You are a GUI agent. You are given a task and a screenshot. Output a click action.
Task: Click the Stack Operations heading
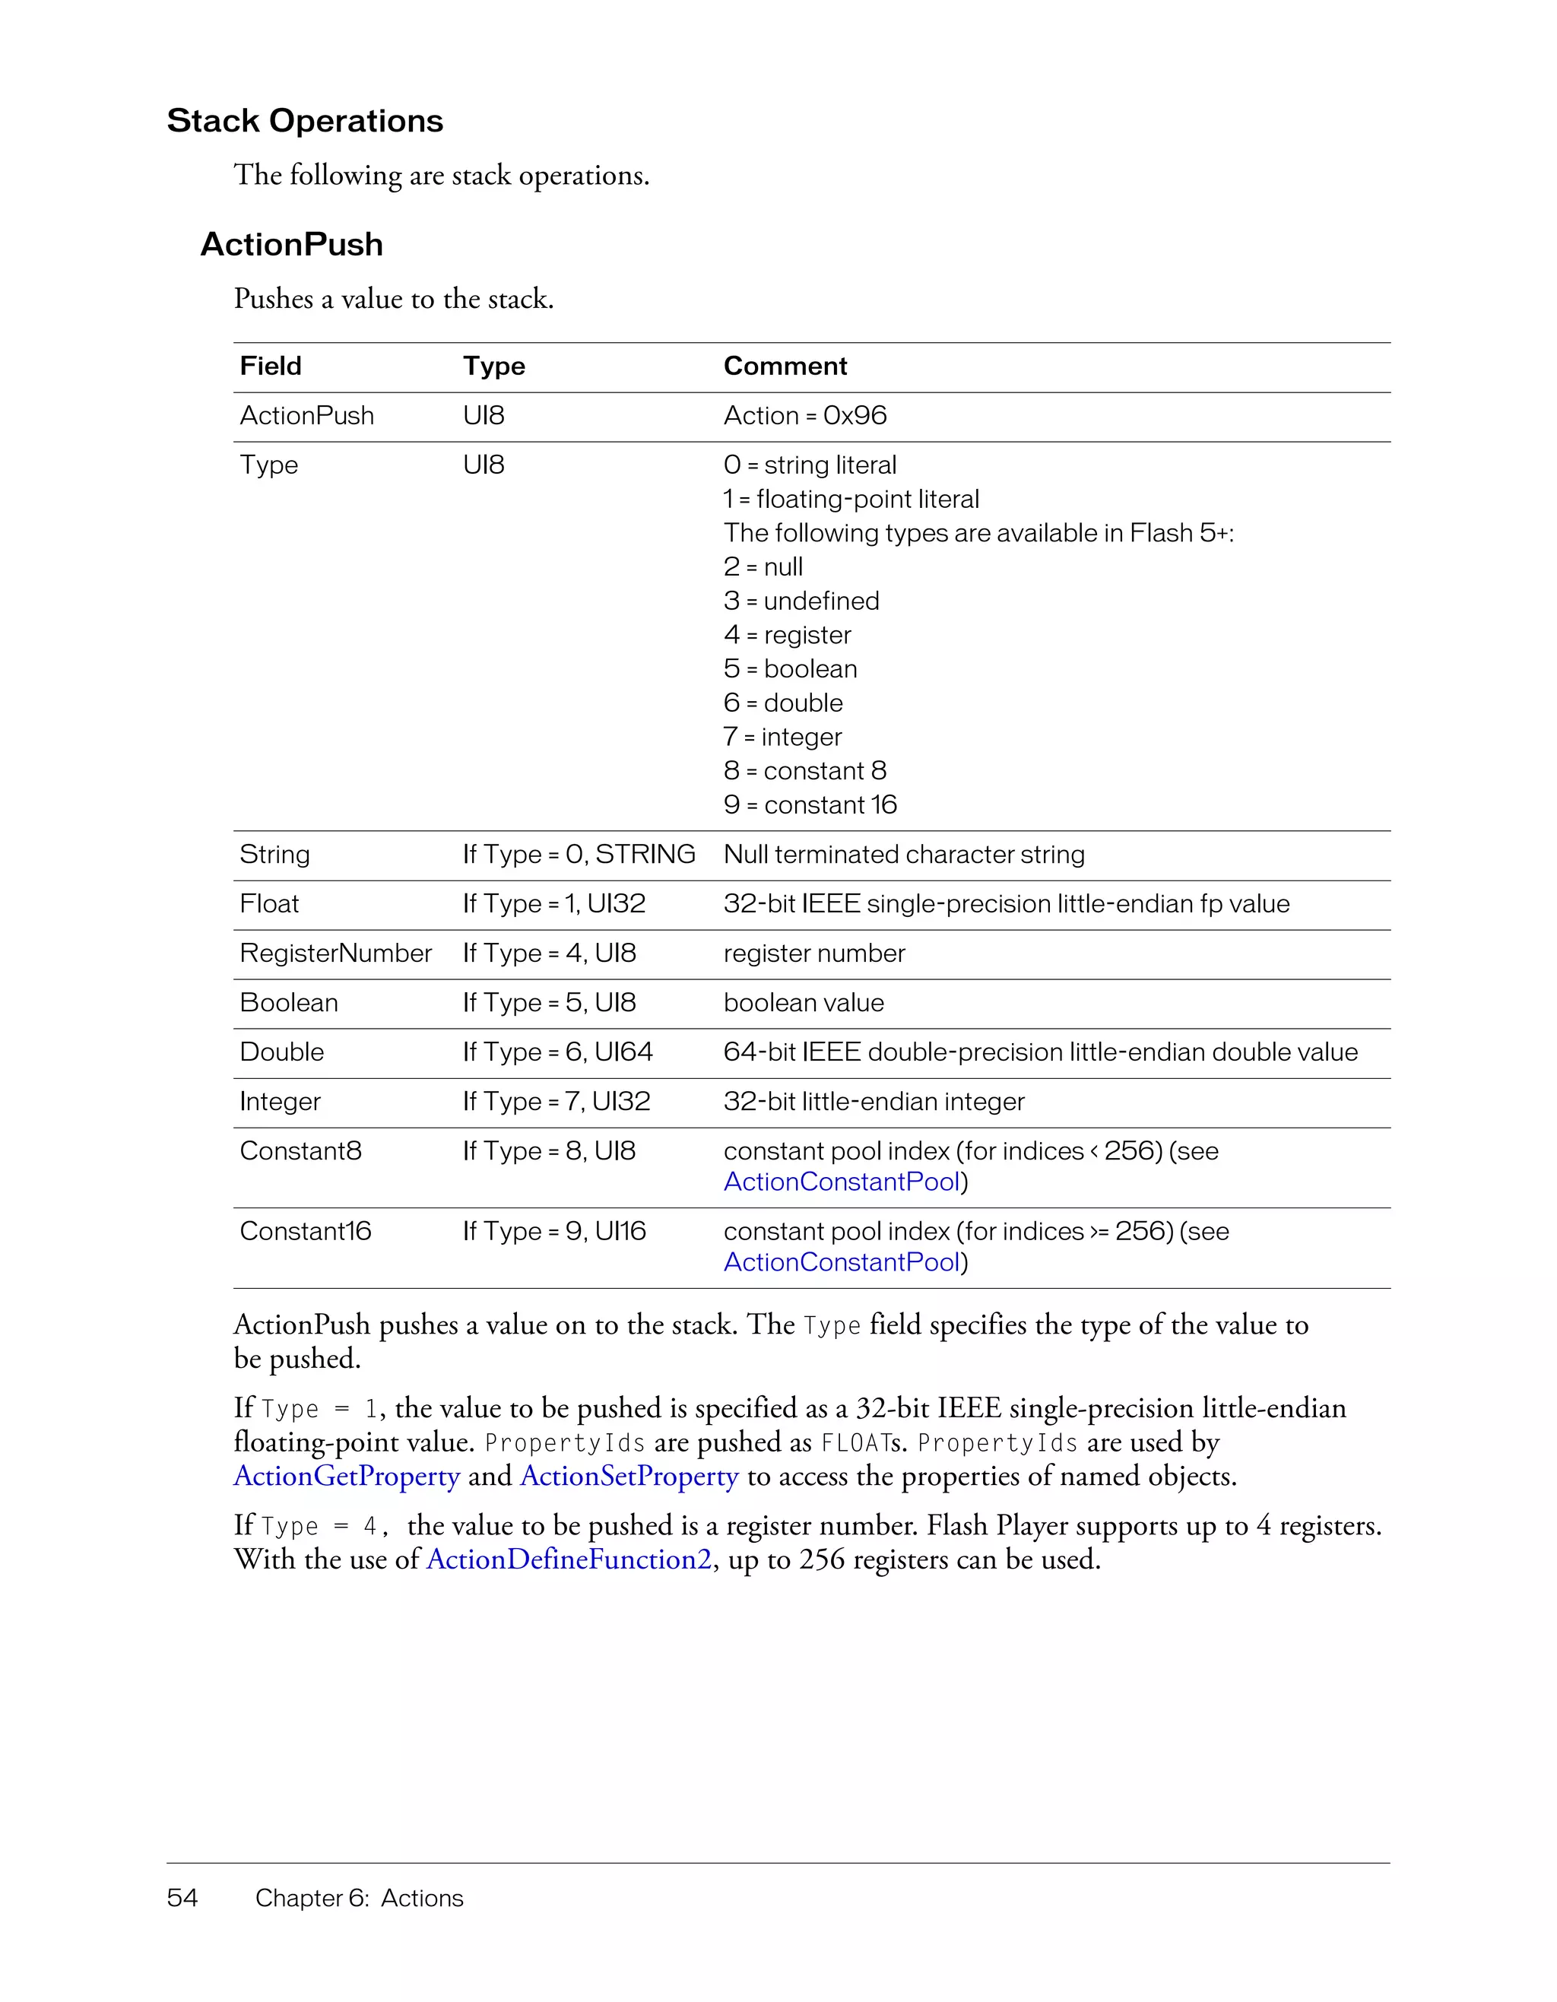click(x=304, y=121)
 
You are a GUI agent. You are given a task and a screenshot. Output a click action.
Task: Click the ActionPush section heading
click(x=291, y=245)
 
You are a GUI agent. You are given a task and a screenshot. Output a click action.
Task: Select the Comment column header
click(x=785, y=366)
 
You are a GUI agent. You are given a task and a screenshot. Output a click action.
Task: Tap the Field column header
click(x=271, y=366)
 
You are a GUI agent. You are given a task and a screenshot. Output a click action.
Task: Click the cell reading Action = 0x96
click(x=804, y=415)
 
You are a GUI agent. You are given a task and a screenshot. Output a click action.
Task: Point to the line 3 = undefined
click(x=801, y=601)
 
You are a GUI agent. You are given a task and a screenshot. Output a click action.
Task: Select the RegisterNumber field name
click(x=335, y=953)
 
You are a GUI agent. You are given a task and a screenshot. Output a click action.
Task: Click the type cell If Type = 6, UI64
click(x=557, y=1052)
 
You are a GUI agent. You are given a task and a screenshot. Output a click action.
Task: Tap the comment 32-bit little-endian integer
click(x=874, y=1102)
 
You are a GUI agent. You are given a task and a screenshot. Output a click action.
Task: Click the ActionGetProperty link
click(x=347, y=1477)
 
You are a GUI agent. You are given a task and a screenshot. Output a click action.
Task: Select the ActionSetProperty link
click(x=629, y=1477)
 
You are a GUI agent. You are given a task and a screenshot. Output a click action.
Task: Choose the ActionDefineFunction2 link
click(x=568, y=1560)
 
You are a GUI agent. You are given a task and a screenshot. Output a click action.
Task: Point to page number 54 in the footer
click(x=182, y=1898)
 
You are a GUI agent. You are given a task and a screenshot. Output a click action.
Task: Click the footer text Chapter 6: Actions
click(x=360, y=1898)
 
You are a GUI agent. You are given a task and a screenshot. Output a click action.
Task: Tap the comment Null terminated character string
click(x=904, y=855)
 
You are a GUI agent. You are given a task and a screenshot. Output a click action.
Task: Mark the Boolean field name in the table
click(x=289, y=1003)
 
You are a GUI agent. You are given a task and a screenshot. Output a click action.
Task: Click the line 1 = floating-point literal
click(x=851, y=500)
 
